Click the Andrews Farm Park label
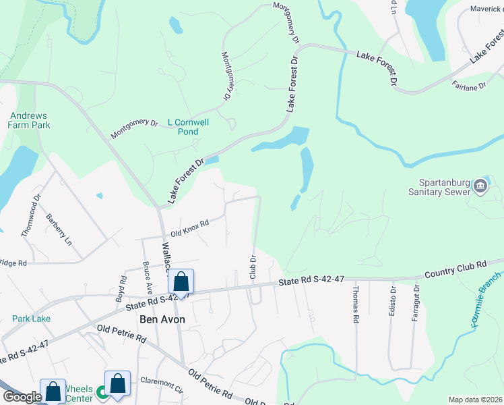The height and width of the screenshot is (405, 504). point(30,119)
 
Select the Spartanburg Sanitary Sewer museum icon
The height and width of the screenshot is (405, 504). point(480,185)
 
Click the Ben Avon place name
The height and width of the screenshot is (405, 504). point(162,319)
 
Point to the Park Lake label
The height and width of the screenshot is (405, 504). point(31,318)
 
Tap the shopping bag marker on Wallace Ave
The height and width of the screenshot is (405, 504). point(181,281)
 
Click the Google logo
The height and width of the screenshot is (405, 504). point(22,397)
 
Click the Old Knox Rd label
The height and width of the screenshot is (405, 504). point(190,227)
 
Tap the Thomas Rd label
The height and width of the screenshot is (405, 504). point(354,302)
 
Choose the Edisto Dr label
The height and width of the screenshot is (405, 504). point(392,300)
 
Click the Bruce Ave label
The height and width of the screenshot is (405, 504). point(146,275)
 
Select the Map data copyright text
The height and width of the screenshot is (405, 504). point(475,400)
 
